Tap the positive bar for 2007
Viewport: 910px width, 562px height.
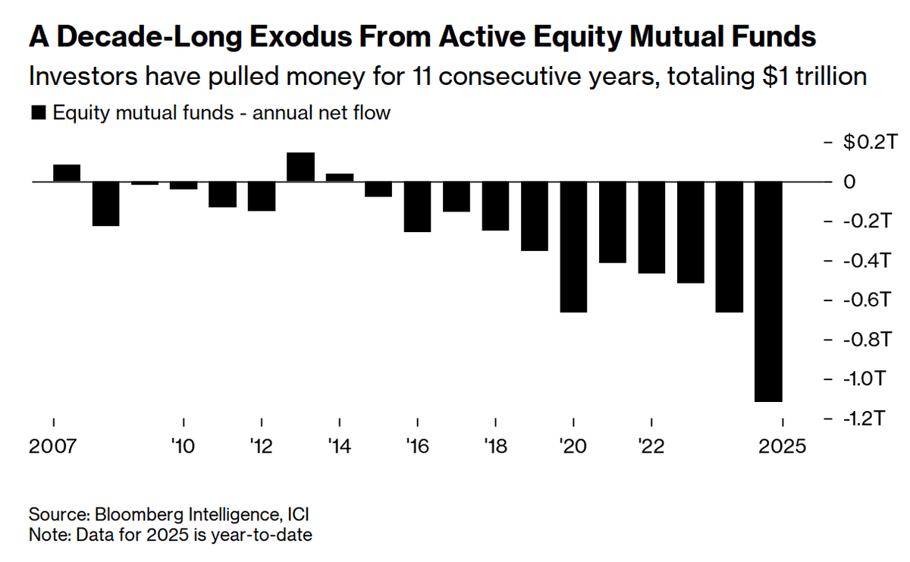click(67, 173)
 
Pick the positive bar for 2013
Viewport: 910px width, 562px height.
click(300, 167)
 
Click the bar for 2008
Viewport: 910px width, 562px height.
click(105, 204)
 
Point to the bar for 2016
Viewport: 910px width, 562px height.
click(417, 207)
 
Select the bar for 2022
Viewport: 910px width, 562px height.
click(651, 228)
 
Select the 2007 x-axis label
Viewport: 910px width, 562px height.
click(53, 446)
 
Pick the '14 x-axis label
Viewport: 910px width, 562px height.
click(339, 446)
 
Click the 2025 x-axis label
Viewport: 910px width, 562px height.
click(783, 446)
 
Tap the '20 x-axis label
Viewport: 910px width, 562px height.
click(573, 446)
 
